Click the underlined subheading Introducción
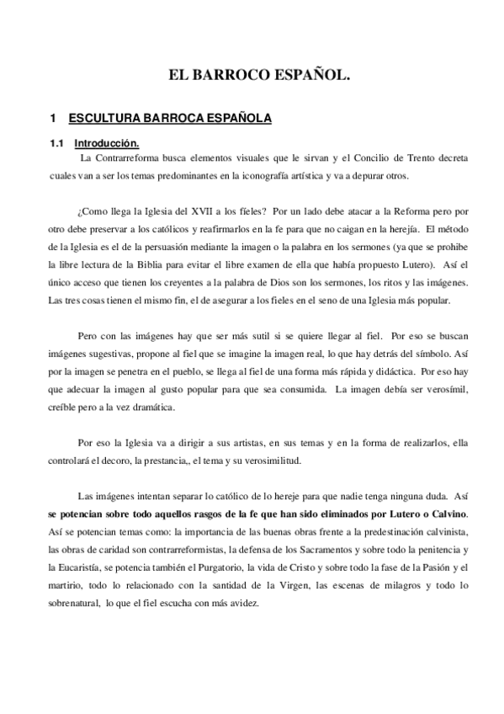coord(106,142)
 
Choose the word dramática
coord(148,406)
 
